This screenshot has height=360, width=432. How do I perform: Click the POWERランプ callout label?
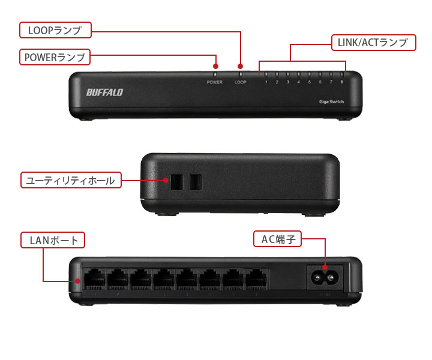pyautogui.click(x=55, y=57)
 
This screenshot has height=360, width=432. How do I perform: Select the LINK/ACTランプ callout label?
pyautogui.click(x=373, y=43)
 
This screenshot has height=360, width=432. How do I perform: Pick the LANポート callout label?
pyautogui.click(x=54, y=241)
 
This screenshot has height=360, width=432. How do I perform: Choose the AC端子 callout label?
pyautogui.click(x=277, y=239)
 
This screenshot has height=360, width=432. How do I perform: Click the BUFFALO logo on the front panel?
pyautogui.click(x=104, y=92)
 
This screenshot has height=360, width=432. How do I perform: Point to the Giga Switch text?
pyautogui.click(x=332, y=103)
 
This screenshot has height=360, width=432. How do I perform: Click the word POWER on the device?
pyautogui.click(x=215, y=82)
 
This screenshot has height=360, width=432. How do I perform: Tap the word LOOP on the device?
pyautogui.click(x=241, y=82)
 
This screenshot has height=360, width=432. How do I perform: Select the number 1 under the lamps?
pyautogui.click(x=266, y=82)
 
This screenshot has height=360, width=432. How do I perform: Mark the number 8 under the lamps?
pyautogui.click(x=342, y=82)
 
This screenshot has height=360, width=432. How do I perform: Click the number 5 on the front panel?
pyautogui.click(x=310, y=82)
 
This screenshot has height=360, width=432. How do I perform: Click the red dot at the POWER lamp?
pyautogui.click(x=215, y=66)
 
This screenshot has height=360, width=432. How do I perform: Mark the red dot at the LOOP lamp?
pyautogui.click(x=241, y=66)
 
